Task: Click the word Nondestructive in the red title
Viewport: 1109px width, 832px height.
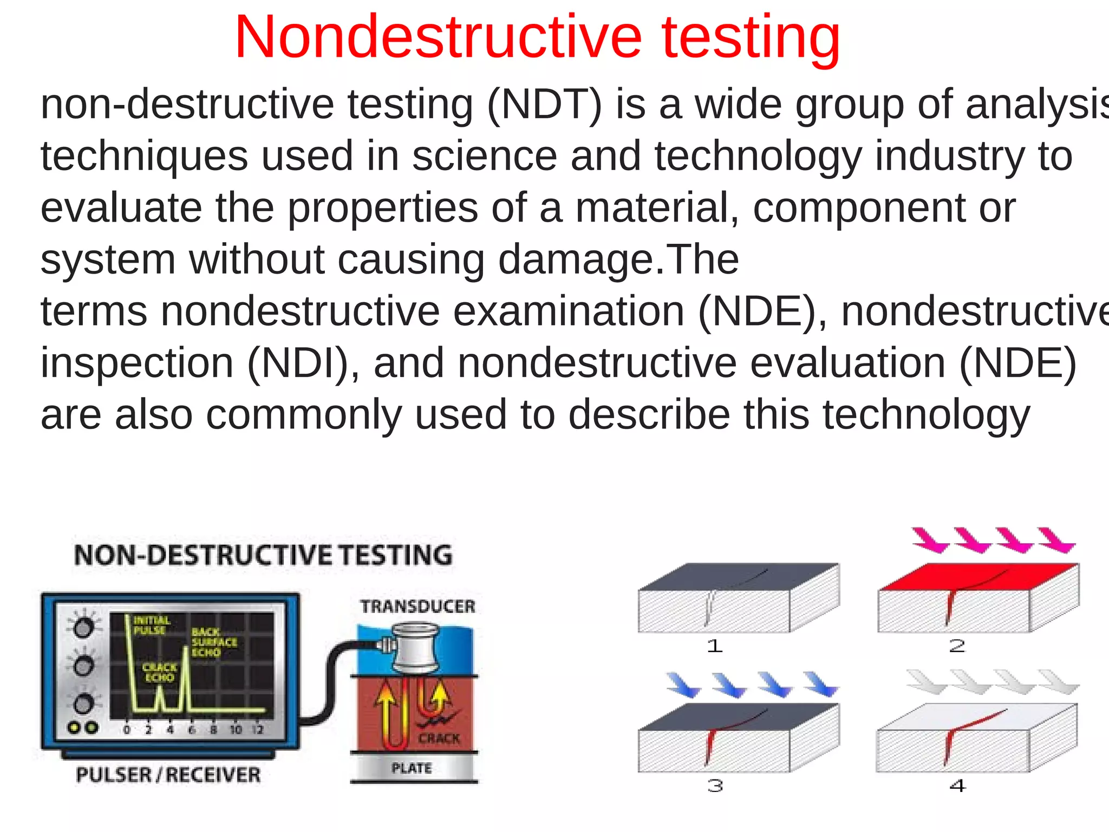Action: (438, 38)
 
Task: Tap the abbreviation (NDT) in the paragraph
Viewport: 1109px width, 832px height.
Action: (544, 104)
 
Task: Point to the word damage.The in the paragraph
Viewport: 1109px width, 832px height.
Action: (618, 259)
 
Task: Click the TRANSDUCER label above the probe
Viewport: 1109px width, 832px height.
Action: (417, 607)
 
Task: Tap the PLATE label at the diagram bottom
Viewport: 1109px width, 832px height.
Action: (412, 768)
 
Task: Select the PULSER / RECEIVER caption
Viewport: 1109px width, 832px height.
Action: (168, 775)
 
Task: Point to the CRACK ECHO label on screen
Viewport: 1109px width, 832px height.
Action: (159, 672)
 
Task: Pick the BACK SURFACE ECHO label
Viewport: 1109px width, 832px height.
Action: (214, 642)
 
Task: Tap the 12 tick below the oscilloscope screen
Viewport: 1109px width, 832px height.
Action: (258, 730)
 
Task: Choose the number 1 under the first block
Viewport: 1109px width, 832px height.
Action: (715, 646)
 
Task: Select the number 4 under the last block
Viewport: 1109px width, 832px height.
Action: (957, 785)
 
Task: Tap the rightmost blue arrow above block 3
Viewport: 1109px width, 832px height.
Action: (821, 684)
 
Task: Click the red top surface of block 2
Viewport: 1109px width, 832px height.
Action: (975, 576)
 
